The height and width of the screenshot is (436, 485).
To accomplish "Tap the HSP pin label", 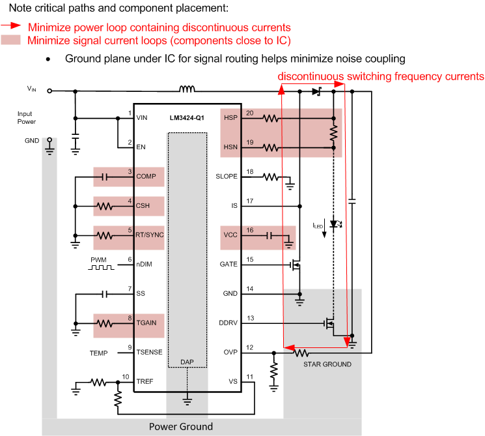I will point(230,119).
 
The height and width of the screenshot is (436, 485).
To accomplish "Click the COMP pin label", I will point(146,177).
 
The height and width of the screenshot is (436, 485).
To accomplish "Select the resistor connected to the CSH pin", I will point(106,206).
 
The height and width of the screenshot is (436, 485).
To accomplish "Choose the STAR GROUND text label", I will point(327,364).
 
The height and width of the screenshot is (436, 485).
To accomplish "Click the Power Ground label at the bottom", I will point(180,427).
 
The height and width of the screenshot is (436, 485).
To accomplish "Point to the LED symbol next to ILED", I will point(335,224).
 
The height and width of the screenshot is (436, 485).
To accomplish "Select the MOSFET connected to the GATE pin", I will point(297,265).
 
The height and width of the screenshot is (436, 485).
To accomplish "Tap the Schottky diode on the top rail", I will point(317,91).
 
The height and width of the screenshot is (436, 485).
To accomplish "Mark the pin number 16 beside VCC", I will point(249,230).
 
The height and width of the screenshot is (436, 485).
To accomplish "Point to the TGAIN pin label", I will point(146,323).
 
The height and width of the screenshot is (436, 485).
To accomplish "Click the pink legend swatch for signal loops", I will point(12,40).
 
